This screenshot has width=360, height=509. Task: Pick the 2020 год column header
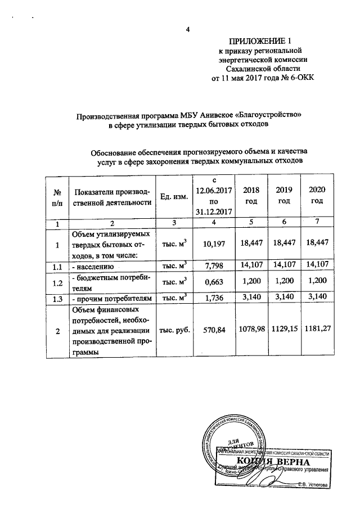click(317, 196)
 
